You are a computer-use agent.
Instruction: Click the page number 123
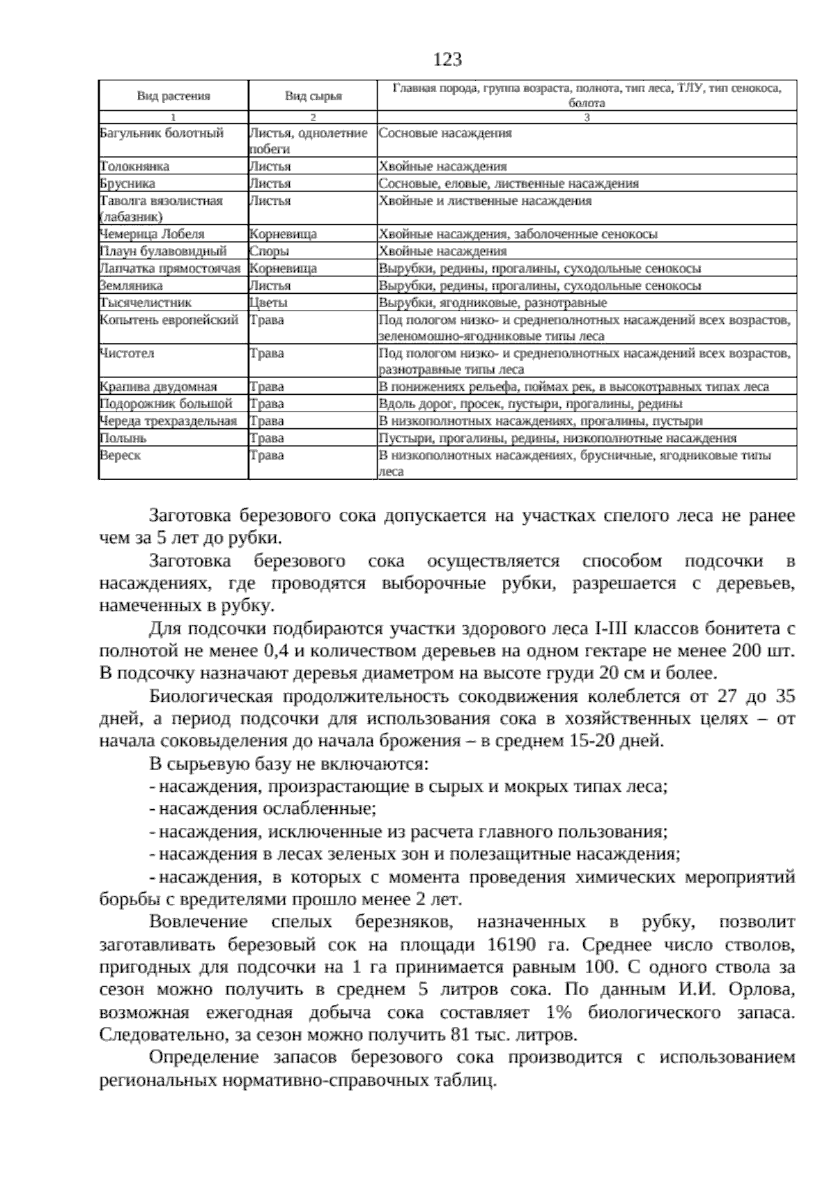point(447,60)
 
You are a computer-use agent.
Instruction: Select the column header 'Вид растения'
point(173,96)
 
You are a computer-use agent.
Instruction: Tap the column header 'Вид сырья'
point(313,96)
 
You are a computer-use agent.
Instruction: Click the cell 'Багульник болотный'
point(162,133)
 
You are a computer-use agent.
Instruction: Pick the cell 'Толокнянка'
point(134,167)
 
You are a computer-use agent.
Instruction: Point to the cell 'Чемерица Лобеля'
point(152,235)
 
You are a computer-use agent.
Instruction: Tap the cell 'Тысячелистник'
point(146,303)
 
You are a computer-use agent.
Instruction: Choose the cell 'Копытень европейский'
point(169,320)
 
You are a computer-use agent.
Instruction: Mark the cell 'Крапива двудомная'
point(159,387)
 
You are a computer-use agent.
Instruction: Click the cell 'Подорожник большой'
point(166,404)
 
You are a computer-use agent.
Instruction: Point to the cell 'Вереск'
point(121,455)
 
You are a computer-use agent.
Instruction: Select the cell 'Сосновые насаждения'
point(444,133)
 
